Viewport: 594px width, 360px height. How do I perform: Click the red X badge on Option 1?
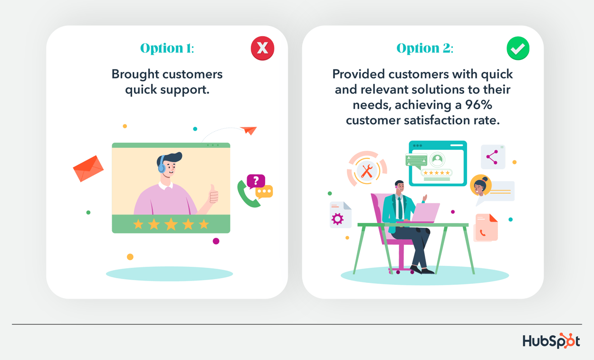tap(262, 48)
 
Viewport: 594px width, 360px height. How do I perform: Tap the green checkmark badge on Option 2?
tap(517, 48)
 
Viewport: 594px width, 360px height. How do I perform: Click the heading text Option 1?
tap(167, 49)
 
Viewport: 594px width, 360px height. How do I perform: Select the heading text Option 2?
tap(424, 49)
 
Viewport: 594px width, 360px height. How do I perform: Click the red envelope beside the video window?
tap(88, 168)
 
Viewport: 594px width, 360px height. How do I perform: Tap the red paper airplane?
tap(249, 130)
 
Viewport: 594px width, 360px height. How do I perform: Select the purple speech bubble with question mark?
tap(256, 181)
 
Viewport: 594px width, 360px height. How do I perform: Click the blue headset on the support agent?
tap(162, 165)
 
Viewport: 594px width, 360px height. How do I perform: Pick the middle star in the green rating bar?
tap(171, 224)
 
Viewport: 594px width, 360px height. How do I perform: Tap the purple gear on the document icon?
tap(337, 219)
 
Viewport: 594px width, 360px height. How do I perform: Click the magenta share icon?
tap(492, 157)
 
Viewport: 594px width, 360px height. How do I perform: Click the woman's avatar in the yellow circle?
tap(480, 186)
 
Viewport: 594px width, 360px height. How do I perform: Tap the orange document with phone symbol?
tap(486, 228)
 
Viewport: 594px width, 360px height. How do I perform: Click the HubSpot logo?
tap(551, 341)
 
